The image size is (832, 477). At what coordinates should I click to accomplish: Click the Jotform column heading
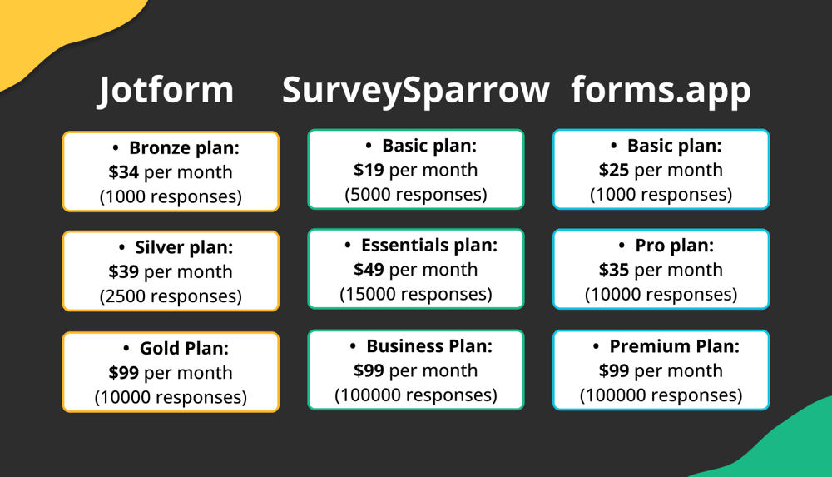(x=166, y=90)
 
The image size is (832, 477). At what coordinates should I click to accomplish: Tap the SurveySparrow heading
(x=415, y=90)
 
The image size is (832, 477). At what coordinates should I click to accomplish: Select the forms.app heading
(x=661, y=90)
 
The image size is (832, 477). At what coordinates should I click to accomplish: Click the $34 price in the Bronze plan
(x=124, y=172)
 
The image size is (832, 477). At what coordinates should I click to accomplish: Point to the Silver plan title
(x=184, y=247)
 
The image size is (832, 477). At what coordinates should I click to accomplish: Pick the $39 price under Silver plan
(x=124, y=271)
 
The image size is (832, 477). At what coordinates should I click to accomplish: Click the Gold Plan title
(x=184, y=348)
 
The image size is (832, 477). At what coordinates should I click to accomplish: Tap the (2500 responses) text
(x=171, y=296)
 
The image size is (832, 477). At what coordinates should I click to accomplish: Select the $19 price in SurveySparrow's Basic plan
(x=369, y=170)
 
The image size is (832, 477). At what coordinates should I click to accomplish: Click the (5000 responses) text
(x=416, y=195)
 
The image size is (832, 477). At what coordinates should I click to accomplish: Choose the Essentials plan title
(x=428, y=246)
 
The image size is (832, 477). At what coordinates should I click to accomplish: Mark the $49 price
(x=369, y=270)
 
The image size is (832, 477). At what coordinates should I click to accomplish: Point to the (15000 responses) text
(x=416, y=294)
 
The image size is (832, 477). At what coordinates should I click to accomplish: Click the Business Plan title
(x=429, y=346)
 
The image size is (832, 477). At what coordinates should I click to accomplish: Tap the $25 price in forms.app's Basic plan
(x=614, y=170)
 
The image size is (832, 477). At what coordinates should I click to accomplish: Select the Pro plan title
(x=674, y=246)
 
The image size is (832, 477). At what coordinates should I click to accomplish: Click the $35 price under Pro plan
(x=614, y=270)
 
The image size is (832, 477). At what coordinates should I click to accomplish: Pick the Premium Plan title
(x=674, y=346)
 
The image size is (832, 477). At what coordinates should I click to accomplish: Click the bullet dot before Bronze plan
(x=116, y=148)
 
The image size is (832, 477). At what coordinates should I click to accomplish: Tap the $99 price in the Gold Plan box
(x=124, y=372)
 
